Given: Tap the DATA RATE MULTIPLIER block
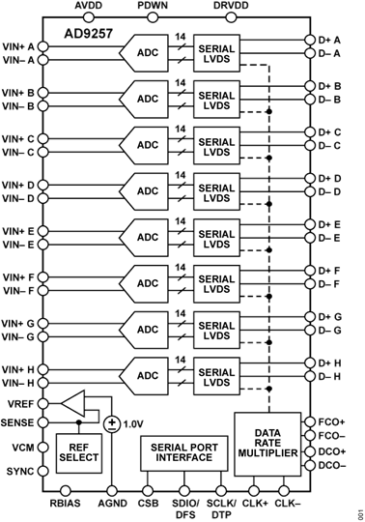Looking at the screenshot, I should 267,443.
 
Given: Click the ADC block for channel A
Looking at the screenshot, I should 148,53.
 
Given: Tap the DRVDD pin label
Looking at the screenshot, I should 229,6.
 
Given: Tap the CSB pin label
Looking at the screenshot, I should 148,504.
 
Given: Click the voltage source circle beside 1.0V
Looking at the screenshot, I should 113,423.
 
